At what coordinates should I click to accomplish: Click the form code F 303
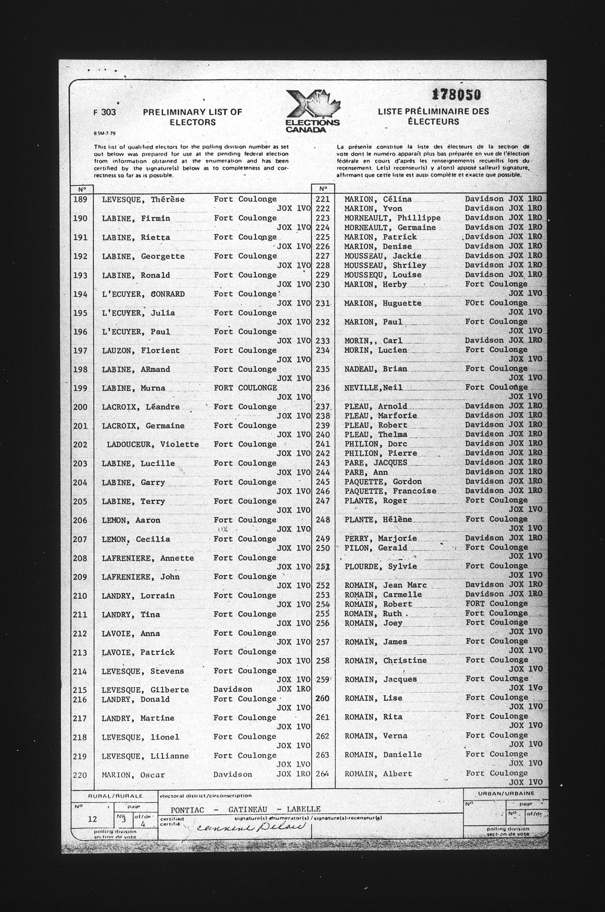[x=104, y=112]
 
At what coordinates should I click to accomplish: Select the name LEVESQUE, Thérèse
[x=143, y=199]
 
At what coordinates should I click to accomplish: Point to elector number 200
[x=80, y=407]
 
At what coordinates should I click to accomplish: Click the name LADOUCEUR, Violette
[x=153, y=444]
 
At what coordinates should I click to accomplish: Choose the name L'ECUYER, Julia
[x=138, y=313]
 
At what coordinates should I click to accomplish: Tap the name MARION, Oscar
[x=133, y=775]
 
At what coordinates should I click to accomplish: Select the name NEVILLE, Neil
[x=373, y=388]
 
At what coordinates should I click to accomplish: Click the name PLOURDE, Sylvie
[x=380, y=566]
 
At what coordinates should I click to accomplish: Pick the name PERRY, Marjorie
[x=380, y=538]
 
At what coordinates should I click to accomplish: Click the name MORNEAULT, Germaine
[x=390, y=227]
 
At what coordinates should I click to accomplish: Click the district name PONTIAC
[x=187, y=809]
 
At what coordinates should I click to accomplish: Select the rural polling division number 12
[x=92, y=819]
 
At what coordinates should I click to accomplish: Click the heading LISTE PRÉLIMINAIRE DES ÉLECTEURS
[x=433, y=116]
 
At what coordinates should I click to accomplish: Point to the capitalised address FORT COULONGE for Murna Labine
[x=245, y=388]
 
